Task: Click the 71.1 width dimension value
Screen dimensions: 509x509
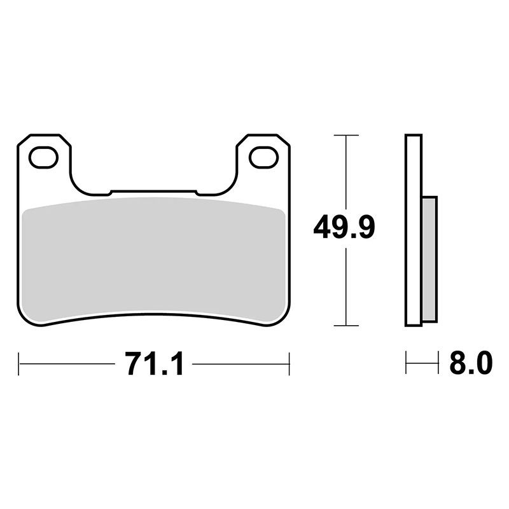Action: pos(155,363)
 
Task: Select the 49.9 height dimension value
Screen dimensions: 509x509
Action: pos(344,227)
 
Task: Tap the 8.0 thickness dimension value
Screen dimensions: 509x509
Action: pos(471,363)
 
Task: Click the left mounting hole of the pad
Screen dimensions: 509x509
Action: pos(43,157)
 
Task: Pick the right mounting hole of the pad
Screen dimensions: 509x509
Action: pos(264,157)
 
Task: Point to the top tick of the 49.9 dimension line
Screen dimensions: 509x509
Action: pos(346,135)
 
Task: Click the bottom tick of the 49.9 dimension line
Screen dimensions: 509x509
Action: pos(346,325)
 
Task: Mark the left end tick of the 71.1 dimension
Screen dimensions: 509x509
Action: pos(19,363)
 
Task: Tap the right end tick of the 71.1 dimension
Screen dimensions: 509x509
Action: pos(289,363)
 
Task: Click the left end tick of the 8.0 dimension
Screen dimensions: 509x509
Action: pos(406,362)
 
